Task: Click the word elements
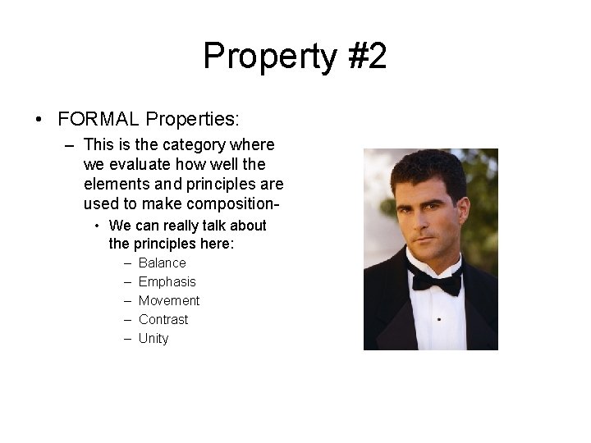[x=114, y=183]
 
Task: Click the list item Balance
[x=163, y=263]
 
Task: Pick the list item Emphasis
[x=167, y=282]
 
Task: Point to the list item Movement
[x=169, y=301]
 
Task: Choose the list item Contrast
[x=163, y=320]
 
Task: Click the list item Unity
[x=153, y=339]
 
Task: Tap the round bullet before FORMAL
[x=39, y=120]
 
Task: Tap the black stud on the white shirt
[x=438, y=318]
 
